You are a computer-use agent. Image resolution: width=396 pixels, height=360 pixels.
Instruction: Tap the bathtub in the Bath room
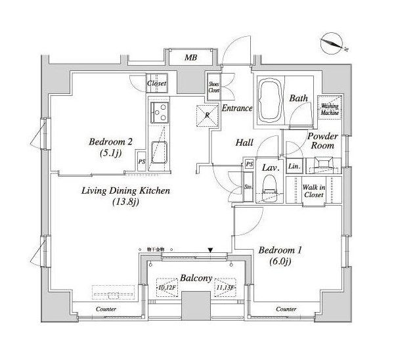(269, 100)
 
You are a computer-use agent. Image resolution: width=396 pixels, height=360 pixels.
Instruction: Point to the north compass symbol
(334, 43)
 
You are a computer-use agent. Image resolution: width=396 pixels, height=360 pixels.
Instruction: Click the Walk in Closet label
(314, 191)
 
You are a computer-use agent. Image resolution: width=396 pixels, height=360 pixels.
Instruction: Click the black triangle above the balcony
(209, 250)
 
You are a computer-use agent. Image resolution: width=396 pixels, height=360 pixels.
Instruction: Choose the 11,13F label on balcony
(225, 286)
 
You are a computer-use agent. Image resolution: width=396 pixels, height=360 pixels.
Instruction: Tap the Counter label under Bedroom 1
(286, 309)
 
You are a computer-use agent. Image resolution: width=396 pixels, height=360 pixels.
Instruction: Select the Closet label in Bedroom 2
(157, 84)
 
